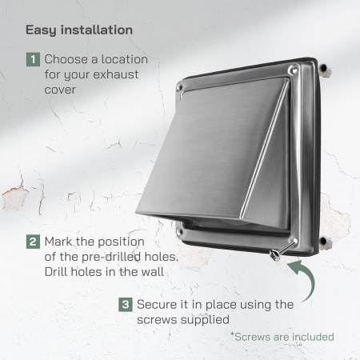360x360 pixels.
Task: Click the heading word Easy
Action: point(41,30)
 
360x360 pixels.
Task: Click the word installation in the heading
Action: point(95,30)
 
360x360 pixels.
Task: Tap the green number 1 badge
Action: point(33,59)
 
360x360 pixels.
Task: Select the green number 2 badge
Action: point(33,241)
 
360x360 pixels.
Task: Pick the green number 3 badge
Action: point(126,304)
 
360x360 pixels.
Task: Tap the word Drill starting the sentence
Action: point(59,272)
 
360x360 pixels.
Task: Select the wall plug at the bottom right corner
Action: point(325,242)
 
